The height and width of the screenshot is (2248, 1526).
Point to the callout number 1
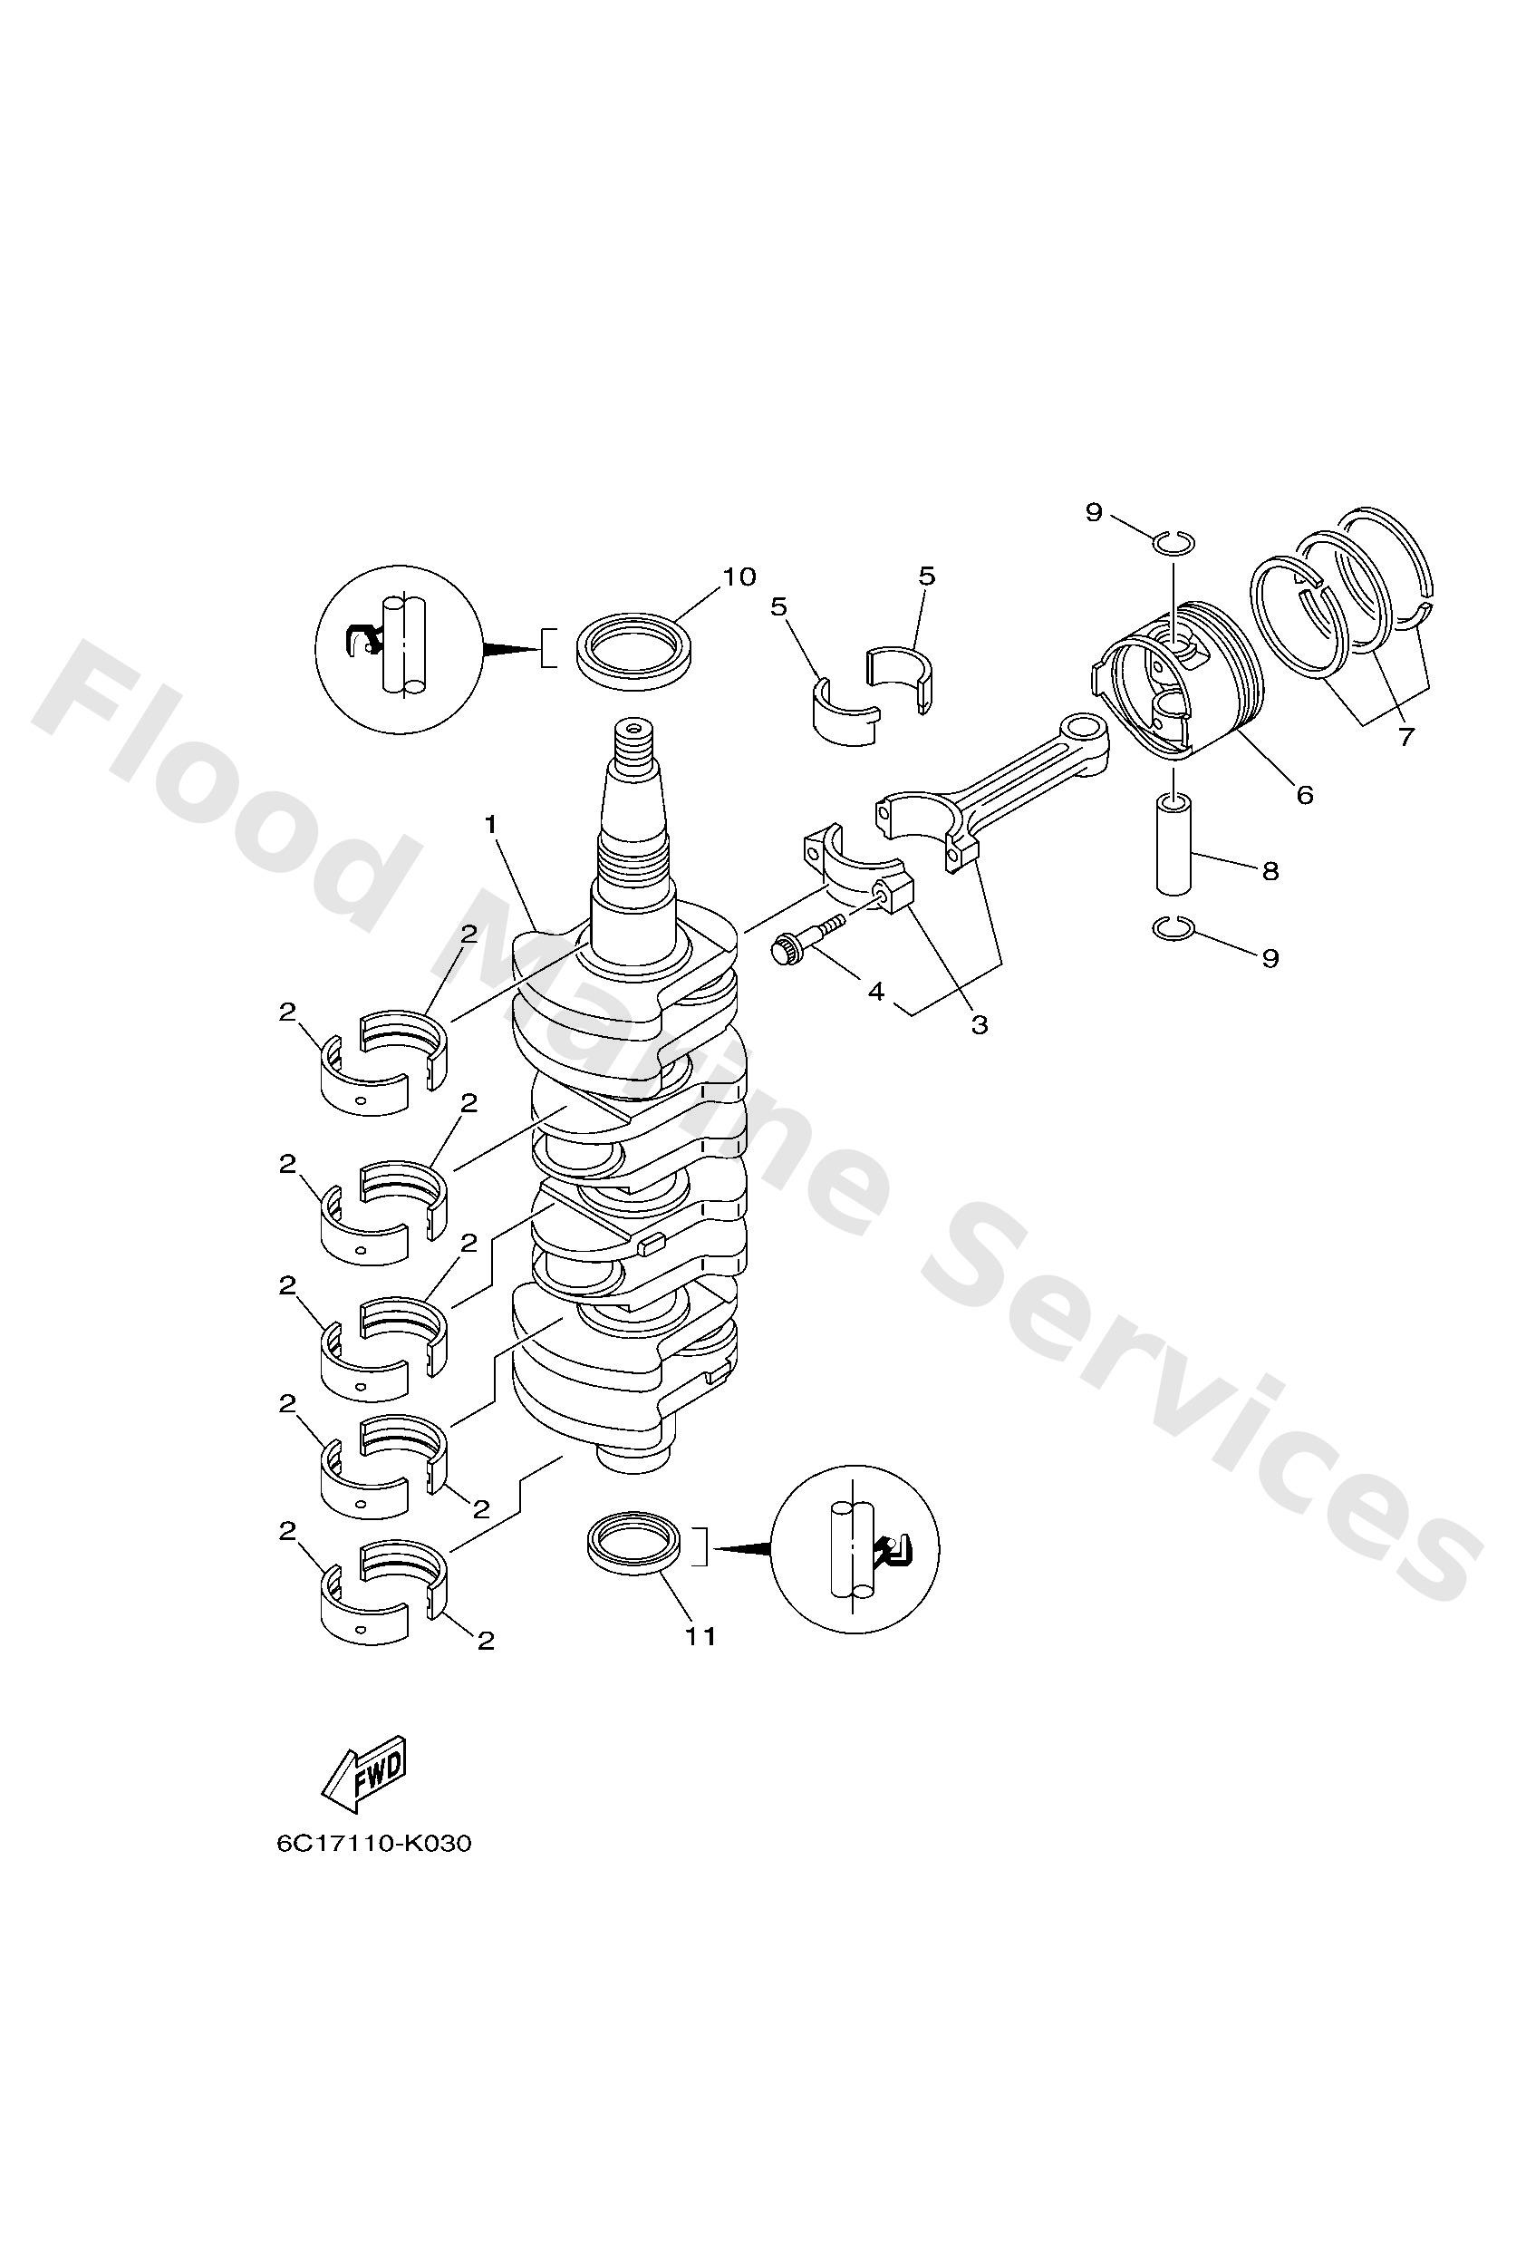pos(491,824)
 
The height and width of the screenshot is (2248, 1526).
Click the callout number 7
pos(1405,737)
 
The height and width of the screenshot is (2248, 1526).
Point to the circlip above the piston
pos(1175,543)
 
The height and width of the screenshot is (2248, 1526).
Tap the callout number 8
pos(1270,870)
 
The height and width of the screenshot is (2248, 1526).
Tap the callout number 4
pos(876,992)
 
